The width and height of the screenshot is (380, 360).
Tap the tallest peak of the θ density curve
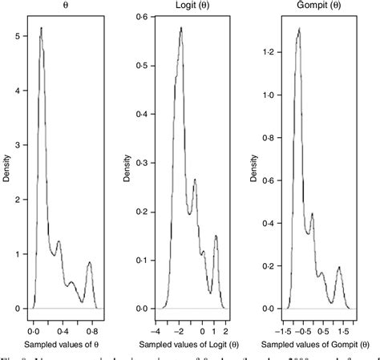tap(41, 28)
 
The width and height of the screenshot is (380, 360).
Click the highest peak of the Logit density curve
tap(181, 28)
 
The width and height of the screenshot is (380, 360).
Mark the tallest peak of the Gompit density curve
tap(298, 29)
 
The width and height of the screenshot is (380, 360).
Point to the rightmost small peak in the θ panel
tap(89, 262)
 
